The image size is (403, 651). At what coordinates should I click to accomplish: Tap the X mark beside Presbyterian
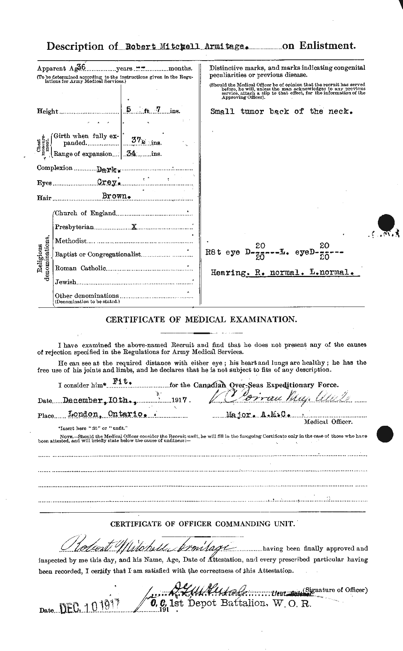134,226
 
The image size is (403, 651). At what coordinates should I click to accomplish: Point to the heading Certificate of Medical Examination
201,319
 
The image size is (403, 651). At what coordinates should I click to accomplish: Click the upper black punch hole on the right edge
385,224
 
